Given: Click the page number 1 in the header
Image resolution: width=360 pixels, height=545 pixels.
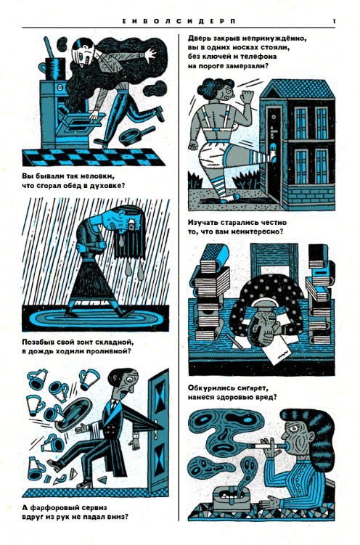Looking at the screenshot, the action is pyautogui.click(x=334, y=22).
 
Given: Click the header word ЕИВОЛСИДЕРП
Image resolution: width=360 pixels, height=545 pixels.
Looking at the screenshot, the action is pyautogui.click(x=179, y=22).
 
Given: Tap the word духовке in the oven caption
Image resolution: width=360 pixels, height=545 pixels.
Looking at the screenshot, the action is pyautogui.click(x=105, y=185).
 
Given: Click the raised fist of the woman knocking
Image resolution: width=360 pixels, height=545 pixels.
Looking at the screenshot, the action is pyautogui.click(x=247, y=96).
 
